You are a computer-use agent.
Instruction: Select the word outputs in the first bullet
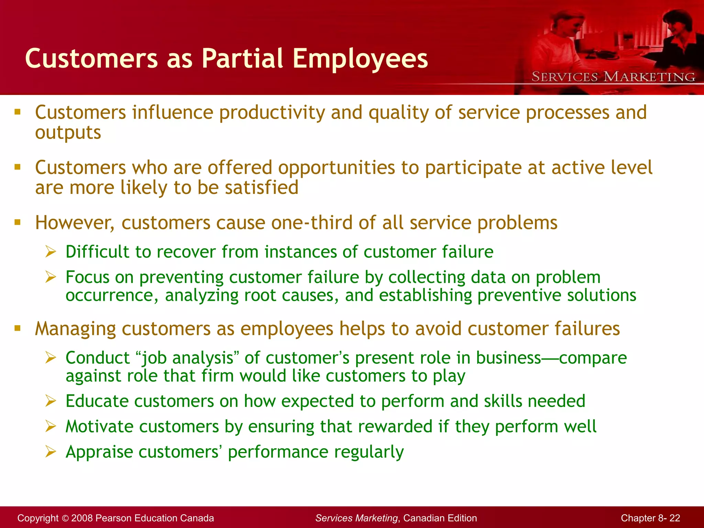pyautogui.click(x=68, y=133)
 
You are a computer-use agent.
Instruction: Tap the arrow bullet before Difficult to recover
pyautogui.click(x=51, y=252)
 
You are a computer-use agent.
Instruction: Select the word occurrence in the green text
pyautogui.click(x=110, y=295)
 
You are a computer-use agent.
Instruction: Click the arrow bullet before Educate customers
pyautogui.click(x=51, y=401)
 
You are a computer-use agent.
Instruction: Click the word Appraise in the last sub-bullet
pyautogui.click(x=99, y=452)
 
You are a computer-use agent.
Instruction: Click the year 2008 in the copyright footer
pyautogui.click(x=82, y=518)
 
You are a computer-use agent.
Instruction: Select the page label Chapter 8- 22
pyautogui.click(x=650, y=518)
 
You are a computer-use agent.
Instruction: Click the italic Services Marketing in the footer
pyautogui.click(x=356, y=518)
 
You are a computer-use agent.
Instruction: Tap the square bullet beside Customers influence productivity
pyautogui.click(x=18, y=112)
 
